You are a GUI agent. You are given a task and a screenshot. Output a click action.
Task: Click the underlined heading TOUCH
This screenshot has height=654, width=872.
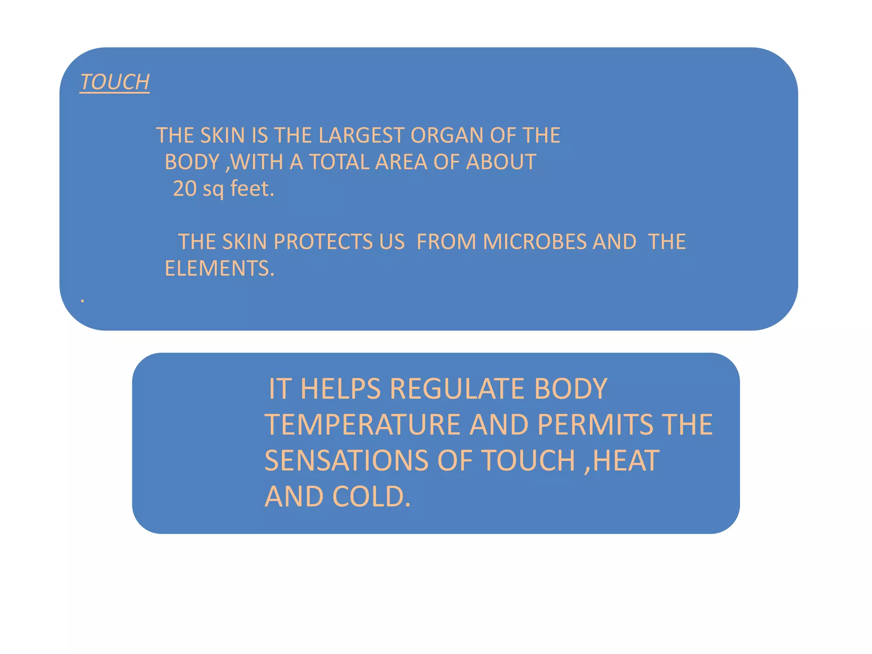pyautogui.click(x=115, y=82)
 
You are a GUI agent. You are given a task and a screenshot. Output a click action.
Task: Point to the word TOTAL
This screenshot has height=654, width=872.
pyautogui.click(x=339, y=162)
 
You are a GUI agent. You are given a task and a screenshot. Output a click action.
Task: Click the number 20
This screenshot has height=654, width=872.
pyautogui.click(x=185, y=189)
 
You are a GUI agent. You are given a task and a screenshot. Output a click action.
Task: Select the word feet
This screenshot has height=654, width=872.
pyautogui.click(x=252, y=189)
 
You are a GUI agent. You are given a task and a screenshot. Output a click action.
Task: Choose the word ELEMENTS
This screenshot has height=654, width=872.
pyautogui.click(x=219, y=269)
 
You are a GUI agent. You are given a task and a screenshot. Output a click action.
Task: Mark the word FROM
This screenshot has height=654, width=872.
pyautogui.click(x=446, y=242)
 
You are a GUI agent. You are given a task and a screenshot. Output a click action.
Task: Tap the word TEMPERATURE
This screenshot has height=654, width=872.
pyautogui.click(x=362, y=425)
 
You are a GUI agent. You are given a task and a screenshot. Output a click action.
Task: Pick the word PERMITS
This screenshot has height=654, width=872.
pyautogui.click(x=595, y=425)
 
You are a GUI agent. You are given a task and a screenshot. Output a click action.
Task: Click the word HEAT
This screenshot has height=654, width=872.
pyautogui.click(x=626, y=461)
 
